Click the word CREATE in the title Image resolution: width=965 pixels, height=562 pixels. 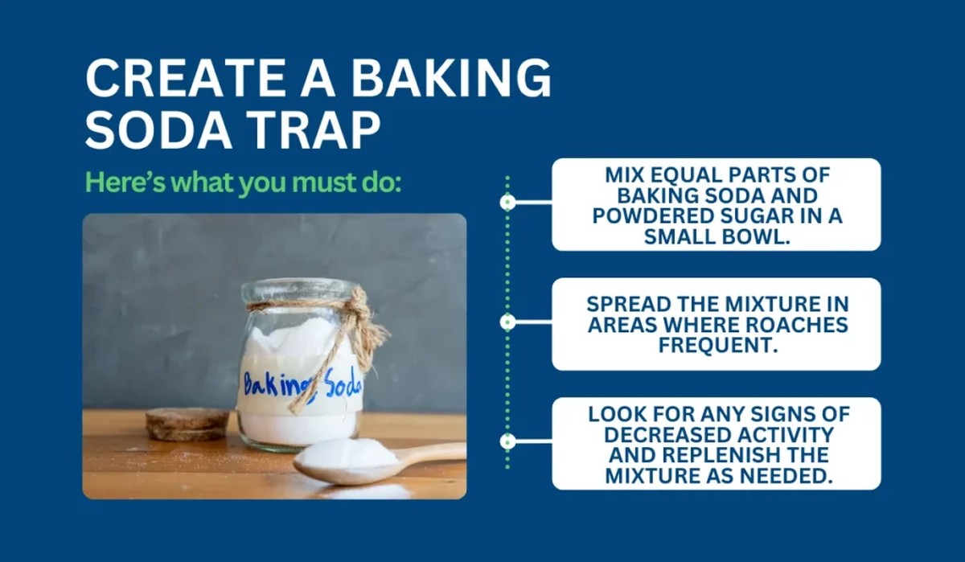click(x=179, y=79)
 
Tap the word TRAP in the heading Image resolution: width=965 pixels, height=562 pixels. click(x=316, y=129)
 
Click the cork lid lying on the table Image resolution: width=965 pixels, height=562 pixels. click(x=187, y=424)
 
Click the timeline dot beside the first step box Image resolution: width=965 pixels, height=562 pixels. click(x=508, y=202)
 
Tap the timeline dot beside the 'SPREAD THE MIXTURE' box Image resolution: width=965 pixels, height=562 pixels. click(x=508, y=322)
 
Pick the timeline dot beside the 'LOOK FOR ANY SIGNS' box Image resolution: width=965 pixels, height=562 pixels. click(x=508, y=441)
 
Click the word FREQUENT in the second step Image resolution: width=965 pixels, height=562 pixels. click(x=718, y=346)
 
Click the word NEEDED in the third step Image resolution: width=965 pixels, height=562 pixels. click(x=786, y=476)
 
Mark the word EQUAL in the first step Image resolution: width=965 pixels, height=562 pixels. click(x=679, y=175)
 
